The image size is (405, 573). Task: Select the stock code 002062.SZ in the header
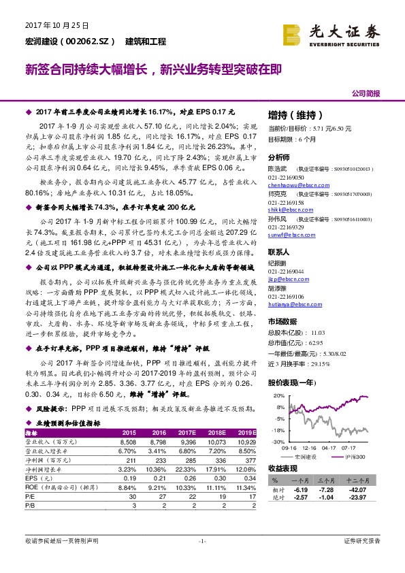[x=90, y=42]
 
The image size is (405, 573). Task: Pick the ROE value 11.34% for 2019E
[x=244, y=487]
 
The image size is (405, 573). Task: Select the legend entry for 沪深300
[x=352, y=456]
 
